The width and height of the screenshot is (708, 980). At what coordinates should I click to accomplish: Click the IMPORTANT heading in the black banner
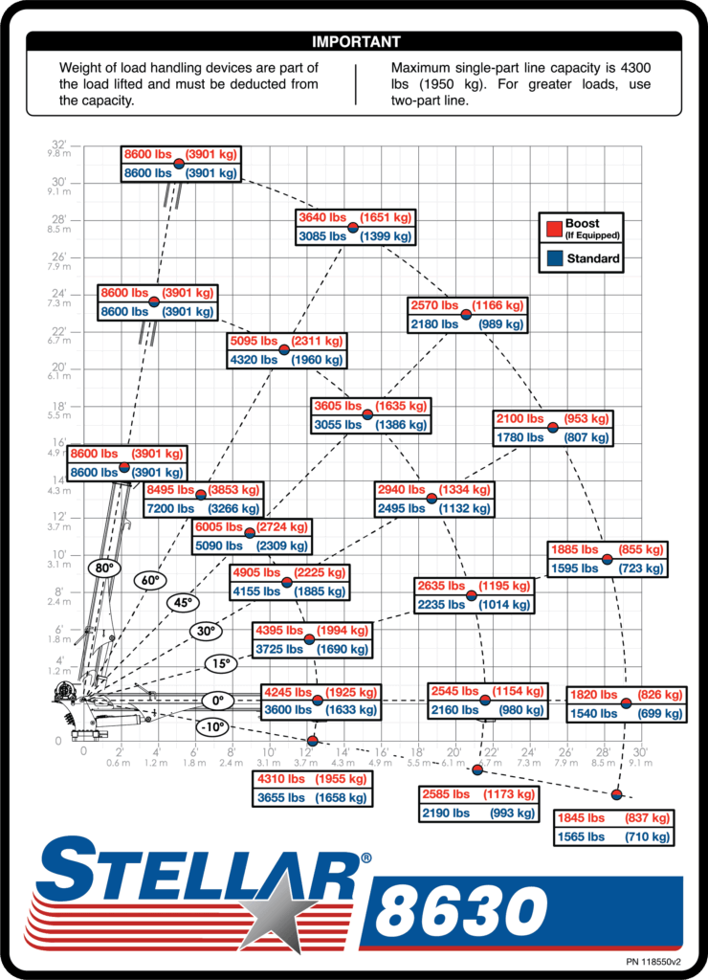[356, 42]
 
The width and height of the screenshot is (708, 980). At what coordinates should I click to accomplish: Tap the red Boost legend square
[554, 229]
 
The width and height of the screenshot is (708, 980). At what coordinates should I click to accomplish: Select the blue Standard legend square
[554, 258]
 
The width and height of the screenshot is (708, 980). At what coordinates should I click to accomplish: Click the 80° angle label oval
[103, 568]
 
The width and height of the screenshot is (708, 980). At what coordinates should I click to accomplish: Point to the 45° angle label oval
[183, 603]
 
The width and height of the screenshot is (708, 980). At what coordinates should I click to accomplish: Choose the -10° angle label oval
[213, 727]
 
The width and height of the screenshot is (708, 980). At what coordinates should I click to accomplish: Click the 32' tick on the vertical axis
[58, 145]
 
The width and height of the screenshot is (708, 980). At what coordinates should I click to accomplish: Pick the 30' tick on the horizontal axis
[640, 751]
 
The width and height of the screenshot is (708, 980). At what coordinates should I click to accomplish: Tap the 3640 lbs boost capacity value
[322, 217]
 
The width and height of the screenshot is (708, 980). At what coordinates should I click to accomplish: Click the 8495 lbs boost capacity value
[170, 490]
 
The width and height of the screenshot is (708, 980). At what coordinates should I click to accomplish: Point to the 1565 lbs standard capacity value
[581, 836]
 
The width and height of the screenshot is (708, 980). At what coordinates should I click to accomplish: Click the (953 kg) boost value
[586, 419]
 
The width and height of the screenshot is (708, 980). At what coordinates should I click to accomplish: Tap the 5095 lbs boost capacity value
[254, 342]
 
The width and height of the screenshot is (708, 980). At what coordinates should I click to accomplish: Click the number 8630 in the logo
[461, 911]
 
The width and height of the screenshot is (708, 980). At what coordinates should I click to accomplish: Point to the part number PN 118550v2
[653, 962]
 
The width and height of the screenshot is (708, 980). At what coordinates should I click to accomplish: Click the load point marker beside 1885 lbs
[607, 559]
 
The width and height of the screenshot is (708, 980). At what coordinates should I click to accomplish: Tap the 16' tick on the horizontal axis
[381, 751]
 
